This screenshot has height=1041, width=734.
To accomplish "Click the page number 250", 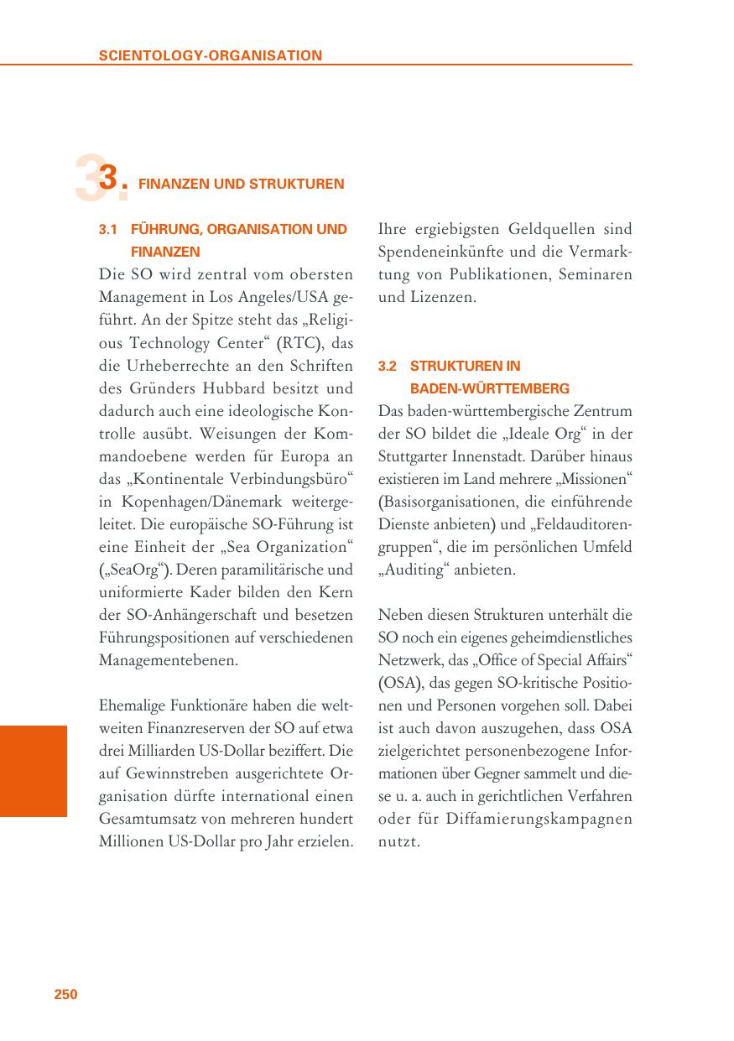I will pyautogui.click(x=65, y=994).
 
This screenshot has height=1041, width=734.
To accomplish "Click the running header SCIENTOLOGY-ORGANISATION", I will pyautogui.click(x=210, y=56).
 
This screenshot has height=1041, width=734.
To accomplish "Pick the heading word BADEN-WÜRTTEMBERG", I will pyautogui.click(x=489, y=388).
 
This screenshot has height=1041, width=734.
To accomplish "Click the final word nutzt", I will pyautogui.click(x=398, y=841).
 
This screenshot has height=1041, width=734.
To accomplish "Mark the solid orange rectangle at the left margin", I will pyautogui.click(x=33, y=771).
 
